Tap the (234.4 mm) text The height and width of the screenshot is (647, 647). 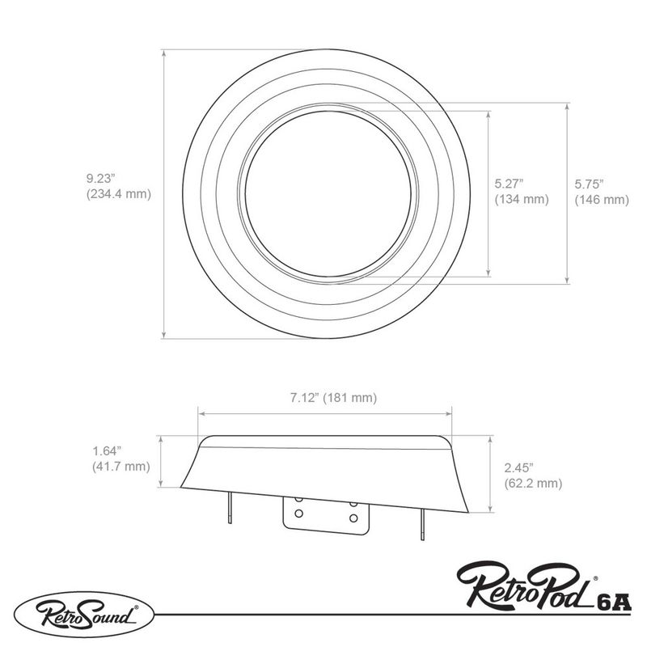pyautogui.click(x=118, y=194)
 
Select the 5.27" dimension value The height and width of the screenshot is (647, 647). pyautogui.click(x=510, y=184)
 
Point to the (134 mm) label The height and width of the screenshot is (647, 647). pyautogui.click(x=521, y=199)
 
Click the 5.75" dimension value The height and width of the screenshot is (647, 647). pyautogui.click(x=590, y=184)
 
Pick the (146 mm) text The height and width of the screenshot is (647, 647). pyautogui.click(x=601, y=199)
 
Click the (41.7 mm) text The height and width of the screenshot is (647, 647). pyautogui.click(x=121, y=467)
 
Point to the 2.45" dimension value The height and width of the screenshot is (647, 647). pyautogui.click(x=518, y=468)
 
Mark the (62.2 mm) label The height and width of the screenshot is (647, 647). pyautogui.click(x=532, y=484)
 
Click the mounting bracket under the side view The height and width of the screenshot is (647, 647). pyautogui.click(x=326, y=514)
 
